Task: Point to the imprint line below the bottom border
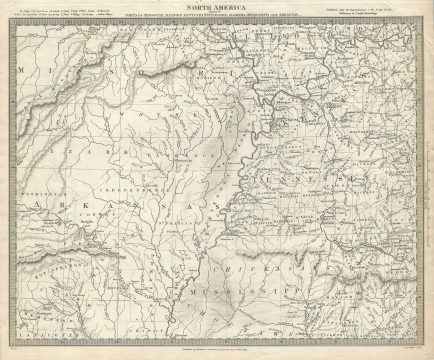click(217, 351)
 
